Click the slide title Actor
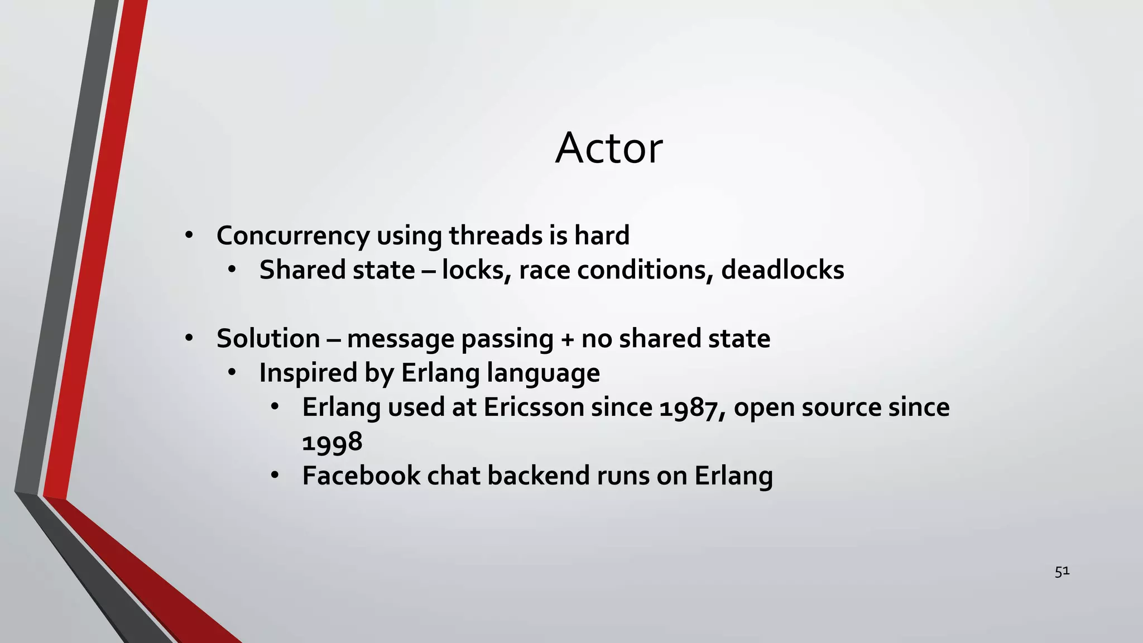609,148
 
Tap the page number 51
1062,571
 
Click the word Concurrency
292,236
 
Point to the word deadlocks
782,270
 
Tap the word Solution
268,339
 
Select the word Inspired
308,373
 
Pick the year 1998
332,443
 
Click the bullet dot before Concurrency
189,236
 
